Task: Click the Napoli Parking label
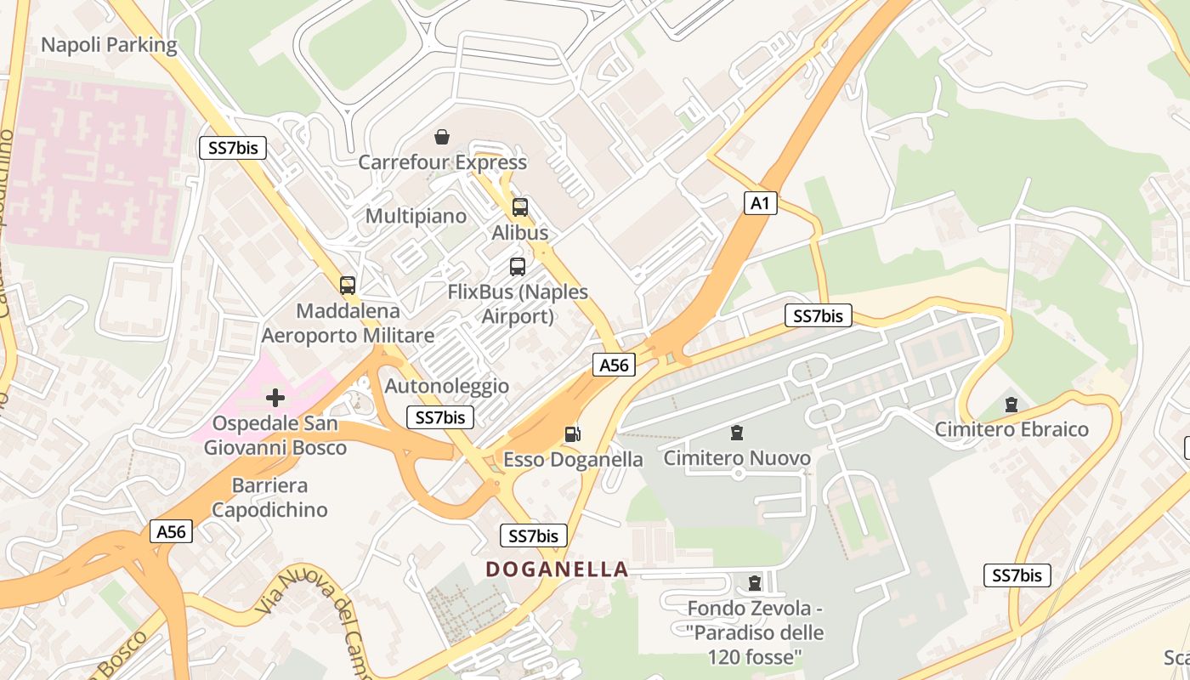(x=109, y=45)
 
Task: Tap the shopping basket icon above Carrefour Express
(x=442, y=137)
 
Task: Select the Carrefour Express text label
(x=442, y=161)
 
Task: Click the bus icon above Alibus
(x=520, y=207)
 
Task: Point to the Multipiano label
(x=416, y=216)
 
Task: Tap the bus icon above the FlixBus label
(x=518, y=267)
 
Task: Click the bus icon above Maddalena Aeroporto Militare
(x=347, y=286)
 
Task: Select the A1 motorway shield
(x=761, y=202)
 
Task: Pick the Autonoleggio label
(x=447, y=386)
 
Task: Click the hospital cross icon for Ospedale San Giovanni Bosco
(x=275, y=397)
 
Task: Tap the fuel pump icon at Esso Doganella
(x=573, y=434)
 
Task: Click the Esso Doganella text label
(x=574, y=459)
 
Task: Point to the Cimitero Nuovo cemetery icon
(x=737, y=433)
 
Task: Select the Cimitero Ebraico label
(x=1011, y=429)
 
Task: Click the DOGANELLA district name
(x=557, y=569)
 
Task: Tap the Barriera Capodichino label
(x=269, y=498)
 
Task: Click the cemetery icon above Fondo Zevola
(x=755, y=583)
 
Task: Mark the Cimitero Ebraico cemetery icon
(x=1011, y=405)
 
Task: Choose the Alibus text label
(x=520, y=232)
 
